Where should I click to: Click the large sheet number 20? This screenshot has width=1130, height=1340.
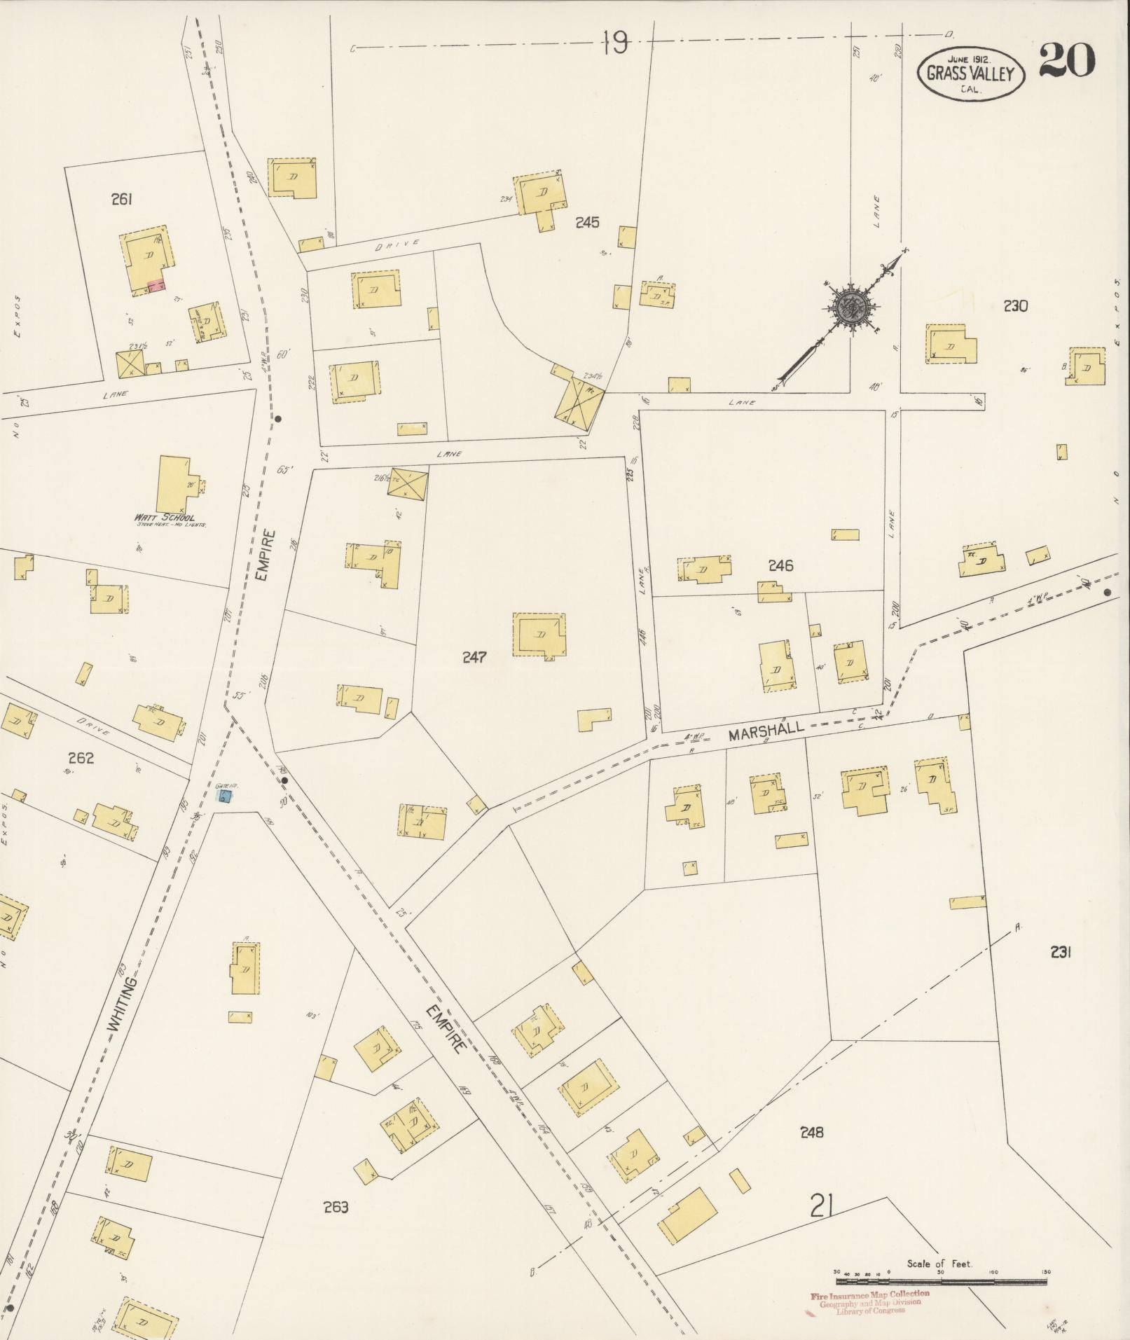1066,60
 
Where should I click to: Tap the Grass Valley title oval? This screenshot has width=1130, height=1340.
971,72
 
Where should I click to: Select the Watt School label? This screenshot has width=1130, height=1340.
165,518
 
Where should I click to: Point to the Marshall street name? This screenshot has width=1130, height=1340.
766,732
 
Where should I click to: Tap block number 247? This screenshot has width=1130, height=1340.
474,656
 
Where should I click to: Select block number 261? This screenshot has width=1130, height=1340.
121,200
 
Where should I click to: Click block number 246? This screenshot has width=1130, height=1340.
780,565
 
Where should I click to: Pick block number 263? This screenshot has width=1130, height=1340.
336,1206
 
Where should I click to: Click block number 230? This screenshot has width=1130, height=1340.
1015,305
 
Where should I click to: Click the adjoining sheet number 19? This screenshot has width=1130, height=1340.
614,45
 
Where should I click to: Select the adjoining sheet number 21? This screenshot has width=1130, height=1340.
820,1206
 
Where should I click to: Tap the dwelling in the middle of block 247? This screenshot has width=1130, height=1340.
539,635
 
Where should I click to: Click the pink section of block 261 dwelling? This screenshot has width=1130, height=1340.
157,285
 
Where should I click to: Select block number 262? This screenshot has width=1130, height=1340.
81,757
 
